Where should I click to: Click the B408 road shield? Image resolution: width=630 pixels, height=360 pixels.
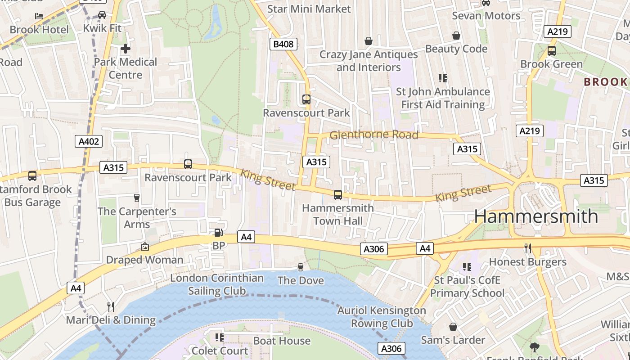[x=283, y=44]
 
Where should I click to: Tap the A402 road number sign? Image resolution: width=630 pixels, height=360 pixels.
[x=89, y=142]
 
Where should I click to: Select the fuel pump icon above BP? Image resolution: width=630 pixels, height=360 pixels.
[x=218, y=233]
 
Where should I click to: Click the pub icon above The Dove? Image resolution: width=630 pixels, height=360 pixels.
[x=301, y=267]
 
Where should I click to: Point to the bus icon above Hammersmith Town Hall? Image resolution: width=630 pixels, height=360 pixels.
[x=337, y=195]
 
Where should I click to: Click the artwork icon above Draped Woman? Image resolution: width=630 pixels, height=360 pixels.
[x=144, y=246]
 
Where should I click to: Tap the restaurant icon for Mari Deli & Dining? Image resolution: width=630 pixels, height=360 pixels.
[x=110, y=307]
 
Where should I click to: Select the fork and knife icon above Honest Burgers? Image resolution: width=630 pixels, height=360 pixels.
[x=527, y=248]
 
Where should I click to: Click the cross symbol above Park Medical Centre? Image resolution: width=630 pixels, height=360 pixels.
[x=126, y=48]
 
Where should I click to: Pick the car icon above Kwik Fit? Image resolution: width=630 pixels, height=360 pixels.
[x=102, y=15]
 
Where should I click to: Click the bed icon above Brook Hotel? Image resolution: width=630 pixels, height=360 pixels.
[x=39, y=16]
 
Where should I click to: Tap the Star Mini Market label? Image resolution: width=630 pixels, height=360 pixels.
[x=309, y=9]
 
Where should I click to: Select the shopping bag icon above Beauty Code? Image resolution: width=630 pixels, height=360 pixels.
[x=456, y=36]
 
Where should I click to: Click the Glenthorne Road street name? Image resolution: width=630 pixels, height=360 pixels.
[x=373, y=135]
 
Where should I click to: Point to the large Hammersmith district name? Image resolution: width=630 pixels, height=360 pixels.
[x=536, y=216]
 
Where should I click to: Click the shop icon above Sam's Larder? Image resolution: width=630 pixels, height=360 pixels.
[x=453, y=327]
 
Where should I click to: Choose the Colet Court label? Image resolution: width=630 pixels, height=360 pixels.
[x=220, y=351]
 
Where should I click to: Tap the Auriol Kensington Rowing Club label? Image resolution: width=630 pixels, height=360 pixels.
[x=382, y=317]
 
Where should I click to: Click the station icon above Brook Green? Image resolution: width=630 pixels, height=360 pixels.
[x=551, y=51]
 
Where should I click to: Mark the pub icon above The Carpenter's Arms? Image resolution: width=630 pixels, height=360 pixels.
[x=137, y=198]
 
